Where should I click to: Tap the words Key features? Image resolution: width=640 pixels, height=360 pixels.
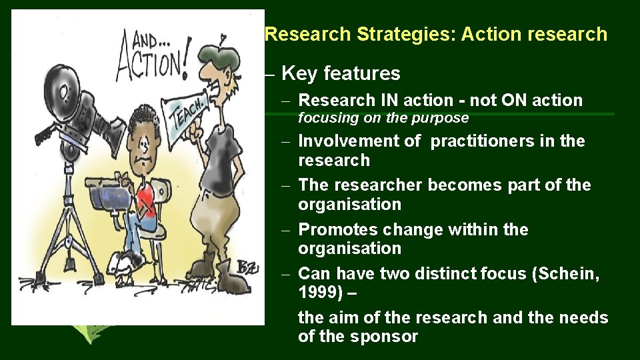[341, 73]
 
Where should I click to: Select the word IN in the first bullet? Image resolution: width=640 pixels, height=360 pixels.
[389, 101]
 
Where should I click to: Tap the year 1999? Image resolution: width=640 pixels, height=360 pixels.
[318, 292]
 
